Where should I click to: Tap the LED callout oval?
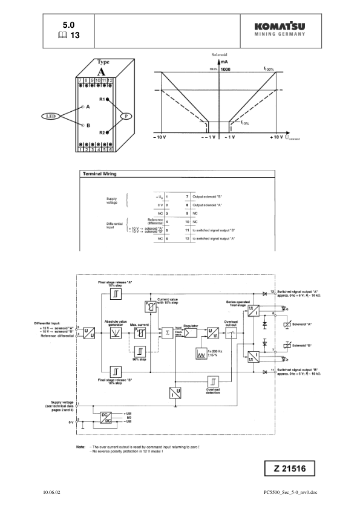[51, 115]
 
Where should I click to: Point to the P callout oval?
[126, 115]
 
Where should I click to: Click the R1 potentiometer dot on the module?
[108, 99]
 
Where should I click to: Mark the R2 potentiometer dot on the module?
[108, 132]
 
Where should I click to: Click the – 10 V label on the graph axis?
[160, 138]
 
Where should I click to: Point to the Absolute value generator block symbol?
[114, 332]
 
